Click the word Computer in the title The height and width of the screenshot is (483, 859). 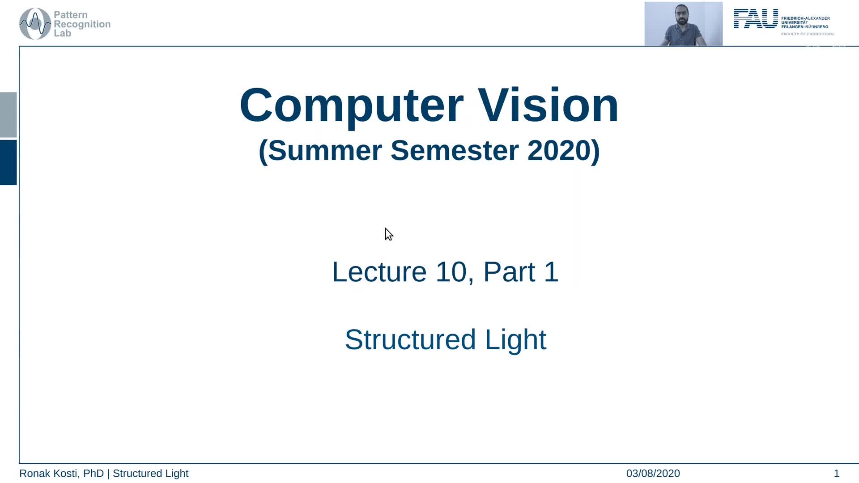[x=351, y=106]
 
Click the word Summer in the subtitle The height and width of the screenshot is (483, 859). [x=325, y=150]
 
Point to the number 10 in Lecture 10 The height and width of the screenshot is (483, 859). [x=451, y=271]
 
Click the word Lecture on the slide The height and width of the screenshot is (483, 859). [x=379, y=271]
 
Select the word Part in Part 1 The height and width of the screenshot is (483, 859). [x=509, y=271]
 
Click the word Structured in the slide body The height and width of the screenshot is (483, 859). [x=410, y=339]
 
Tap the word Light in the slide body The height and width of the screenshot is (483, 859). [x=515, y=339]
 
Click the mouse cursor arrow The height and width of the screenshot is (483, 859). [x=388, y=234]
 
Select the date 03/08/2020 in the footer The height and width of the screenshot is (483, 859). [x=653, y=473]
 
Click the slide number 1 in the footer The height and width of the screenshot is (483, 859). [x=836, y=473]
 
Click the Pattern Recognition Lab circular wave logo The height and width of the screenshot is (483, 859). [x=35, y=24]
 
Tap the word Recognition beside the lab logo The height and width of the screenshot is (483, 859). [x=82, y=24]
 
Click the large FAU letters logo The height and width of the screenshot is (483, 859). [x=756, y=19]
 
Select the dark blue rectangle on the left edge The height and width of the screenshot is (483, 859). [x=8, y=162]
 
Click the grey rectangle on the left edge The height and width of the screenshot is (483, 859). [x=8, y=114]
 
